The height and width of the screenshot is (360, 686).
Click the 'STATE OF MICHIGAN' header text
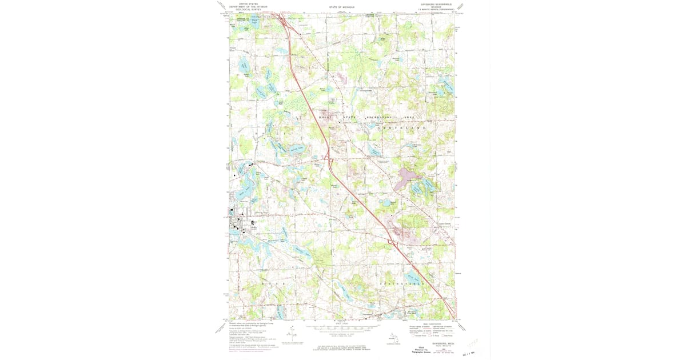(342, 7)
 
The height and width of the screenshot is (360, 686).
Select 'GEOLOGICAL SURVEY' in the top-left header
(252, 9)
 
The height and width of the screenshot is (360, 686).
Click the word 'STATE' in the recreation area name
(348, 117)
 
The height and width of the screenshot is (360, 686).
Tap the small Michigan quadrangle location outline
(393, 339)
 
